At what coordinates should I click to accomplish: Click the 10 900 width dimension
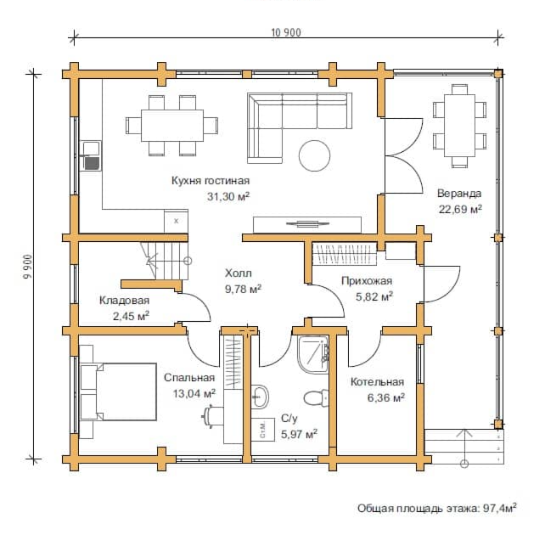click(286, 32)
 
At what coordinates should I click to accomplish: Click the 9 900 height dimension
click(27, 267)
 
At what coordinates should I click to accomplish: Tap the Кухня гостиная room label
click(211, 181)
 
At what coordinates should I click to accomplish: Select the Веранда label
click(459, 194)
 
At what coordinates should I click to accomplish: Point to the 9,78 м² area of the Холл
click(244, 289)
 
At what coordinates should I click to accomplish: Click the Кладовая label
click(125, 301)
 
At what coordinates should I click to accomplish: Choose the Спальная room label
click(189, 378)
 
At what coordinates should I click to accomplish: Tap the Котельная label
click(377, 381)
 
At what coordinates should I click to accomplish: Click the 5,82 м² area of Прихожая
click(374, 296)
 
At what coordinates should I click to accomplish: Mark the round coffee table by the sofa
click(315, 155)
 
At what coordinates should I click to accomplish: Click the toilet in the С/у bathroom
click(316, 397)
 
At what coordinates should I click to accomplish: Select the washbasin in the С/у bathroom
click(260, 397)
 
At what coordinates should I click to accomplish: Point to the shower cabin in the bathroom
click(312, 355)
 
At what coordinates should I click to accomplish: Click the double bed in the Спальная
click(118, 392)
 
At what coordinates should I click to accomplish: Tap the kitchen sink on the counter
click(91, 155)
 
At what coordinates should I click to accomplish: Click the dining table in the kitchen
click(172, 126)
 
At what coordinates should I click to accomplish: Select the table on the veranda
click(459, 126)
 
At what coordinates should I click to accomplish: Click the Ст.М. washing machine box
click(263, 430)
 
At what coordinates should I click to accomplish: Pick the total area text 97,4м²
click(500, 508)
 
